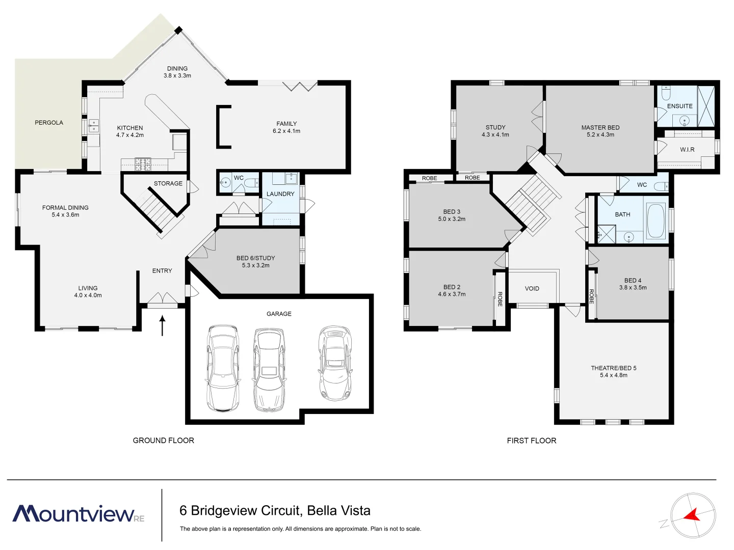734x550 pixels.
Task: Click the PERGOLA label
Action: tap(49, 123)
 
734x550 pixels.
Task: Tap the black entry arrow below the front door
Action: tap(163, 325)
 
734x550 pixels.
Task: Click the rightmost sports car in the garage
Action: tap(335, 363)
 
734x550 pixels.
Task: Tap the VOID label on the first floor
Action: tap(532, 289)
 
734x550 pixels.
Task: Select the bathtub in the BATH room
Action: tap(656, 221)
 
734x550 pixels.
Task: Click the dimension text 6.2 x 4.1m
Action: tap(286, 131)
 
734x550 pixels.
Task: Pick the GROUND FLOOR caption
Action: tap(163, 441)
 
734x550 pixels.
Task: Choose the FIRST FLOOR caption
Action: tap(531, 441)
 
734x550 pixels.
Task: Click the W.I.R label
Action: tap(687, 150)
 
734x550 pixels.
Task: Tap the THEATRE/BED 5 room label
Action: tap(613, 368)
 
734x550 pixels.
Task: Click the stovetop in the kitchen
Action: tap(143, 164)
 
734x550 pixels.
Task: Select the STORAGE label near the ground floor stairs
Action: tap(168, 184)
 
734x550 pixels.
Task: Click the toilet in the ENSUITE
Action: tap(666, 94)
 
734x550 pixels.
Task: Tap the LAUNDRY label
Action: tap(280, 194)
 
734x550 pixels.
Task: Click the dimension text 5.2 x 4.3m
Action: tap(600, 135)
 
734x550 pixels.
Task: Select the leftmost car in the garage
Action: tap(223, 368)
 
